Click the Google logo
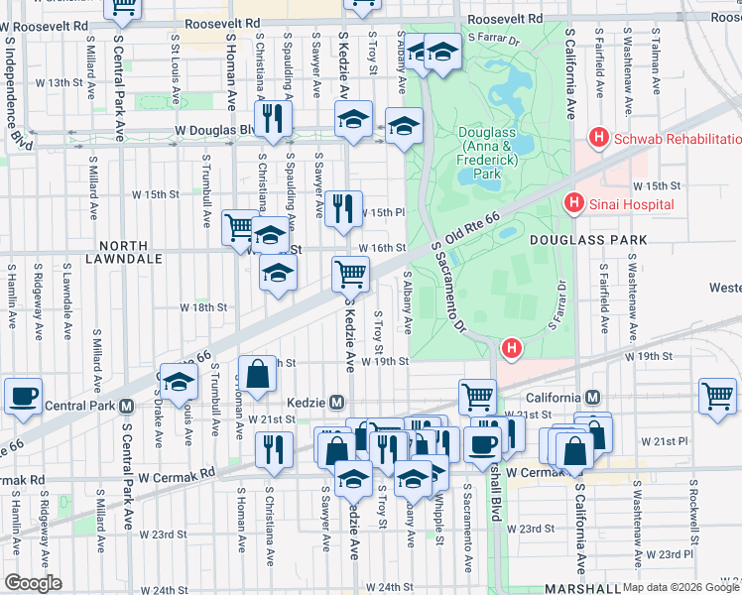(32, 583)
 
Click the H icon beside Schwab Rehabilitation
(598, 138)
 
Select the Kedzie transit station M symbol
(337, 402)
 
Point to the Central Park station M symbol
(126, 406)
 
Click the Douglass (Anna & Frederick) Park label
(487, 153)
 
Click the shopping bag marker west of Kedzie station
(257, 375)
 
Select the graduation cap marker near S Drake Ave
(179, 383)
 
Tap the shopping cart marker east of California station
(717, 395)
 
